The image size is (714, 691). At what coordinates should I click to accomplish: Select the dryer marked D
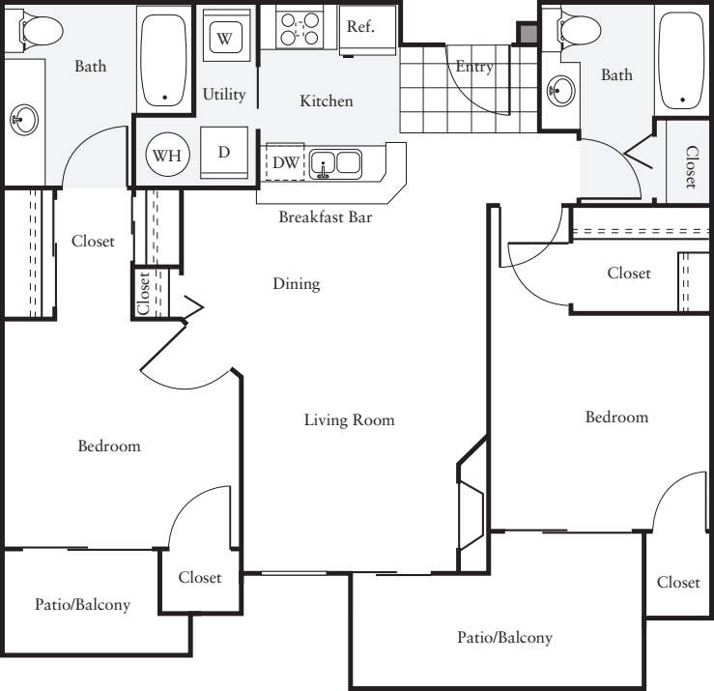(223, 153)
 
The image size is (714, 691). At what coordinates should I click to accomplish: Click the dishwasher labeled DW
(286, 162)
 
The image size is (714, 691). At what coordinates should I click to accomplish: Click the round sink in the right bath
(559, 92)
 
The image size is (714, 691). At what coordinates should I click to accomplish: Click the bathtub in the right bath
(683, 58)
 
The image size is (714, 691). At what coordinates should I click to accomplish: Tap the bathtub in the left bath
(166, 57)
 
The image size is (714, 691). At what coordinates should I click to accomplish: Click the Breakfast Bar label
(325, 216)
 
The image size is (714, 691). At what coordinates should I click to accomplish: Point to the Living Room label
(349, 419)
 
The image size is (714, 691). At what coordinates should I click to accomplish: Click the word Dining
(296, 284)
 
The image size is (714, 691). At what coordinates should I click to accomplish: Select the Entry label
(474, 67)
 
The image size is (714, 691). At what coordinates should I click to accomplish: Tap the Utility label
(224, 95)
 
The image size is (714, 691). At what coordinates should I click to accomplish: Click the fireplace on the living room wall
(471, 504)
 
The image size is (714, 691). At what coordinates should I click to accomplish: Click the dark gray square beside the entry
(526, 35)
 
